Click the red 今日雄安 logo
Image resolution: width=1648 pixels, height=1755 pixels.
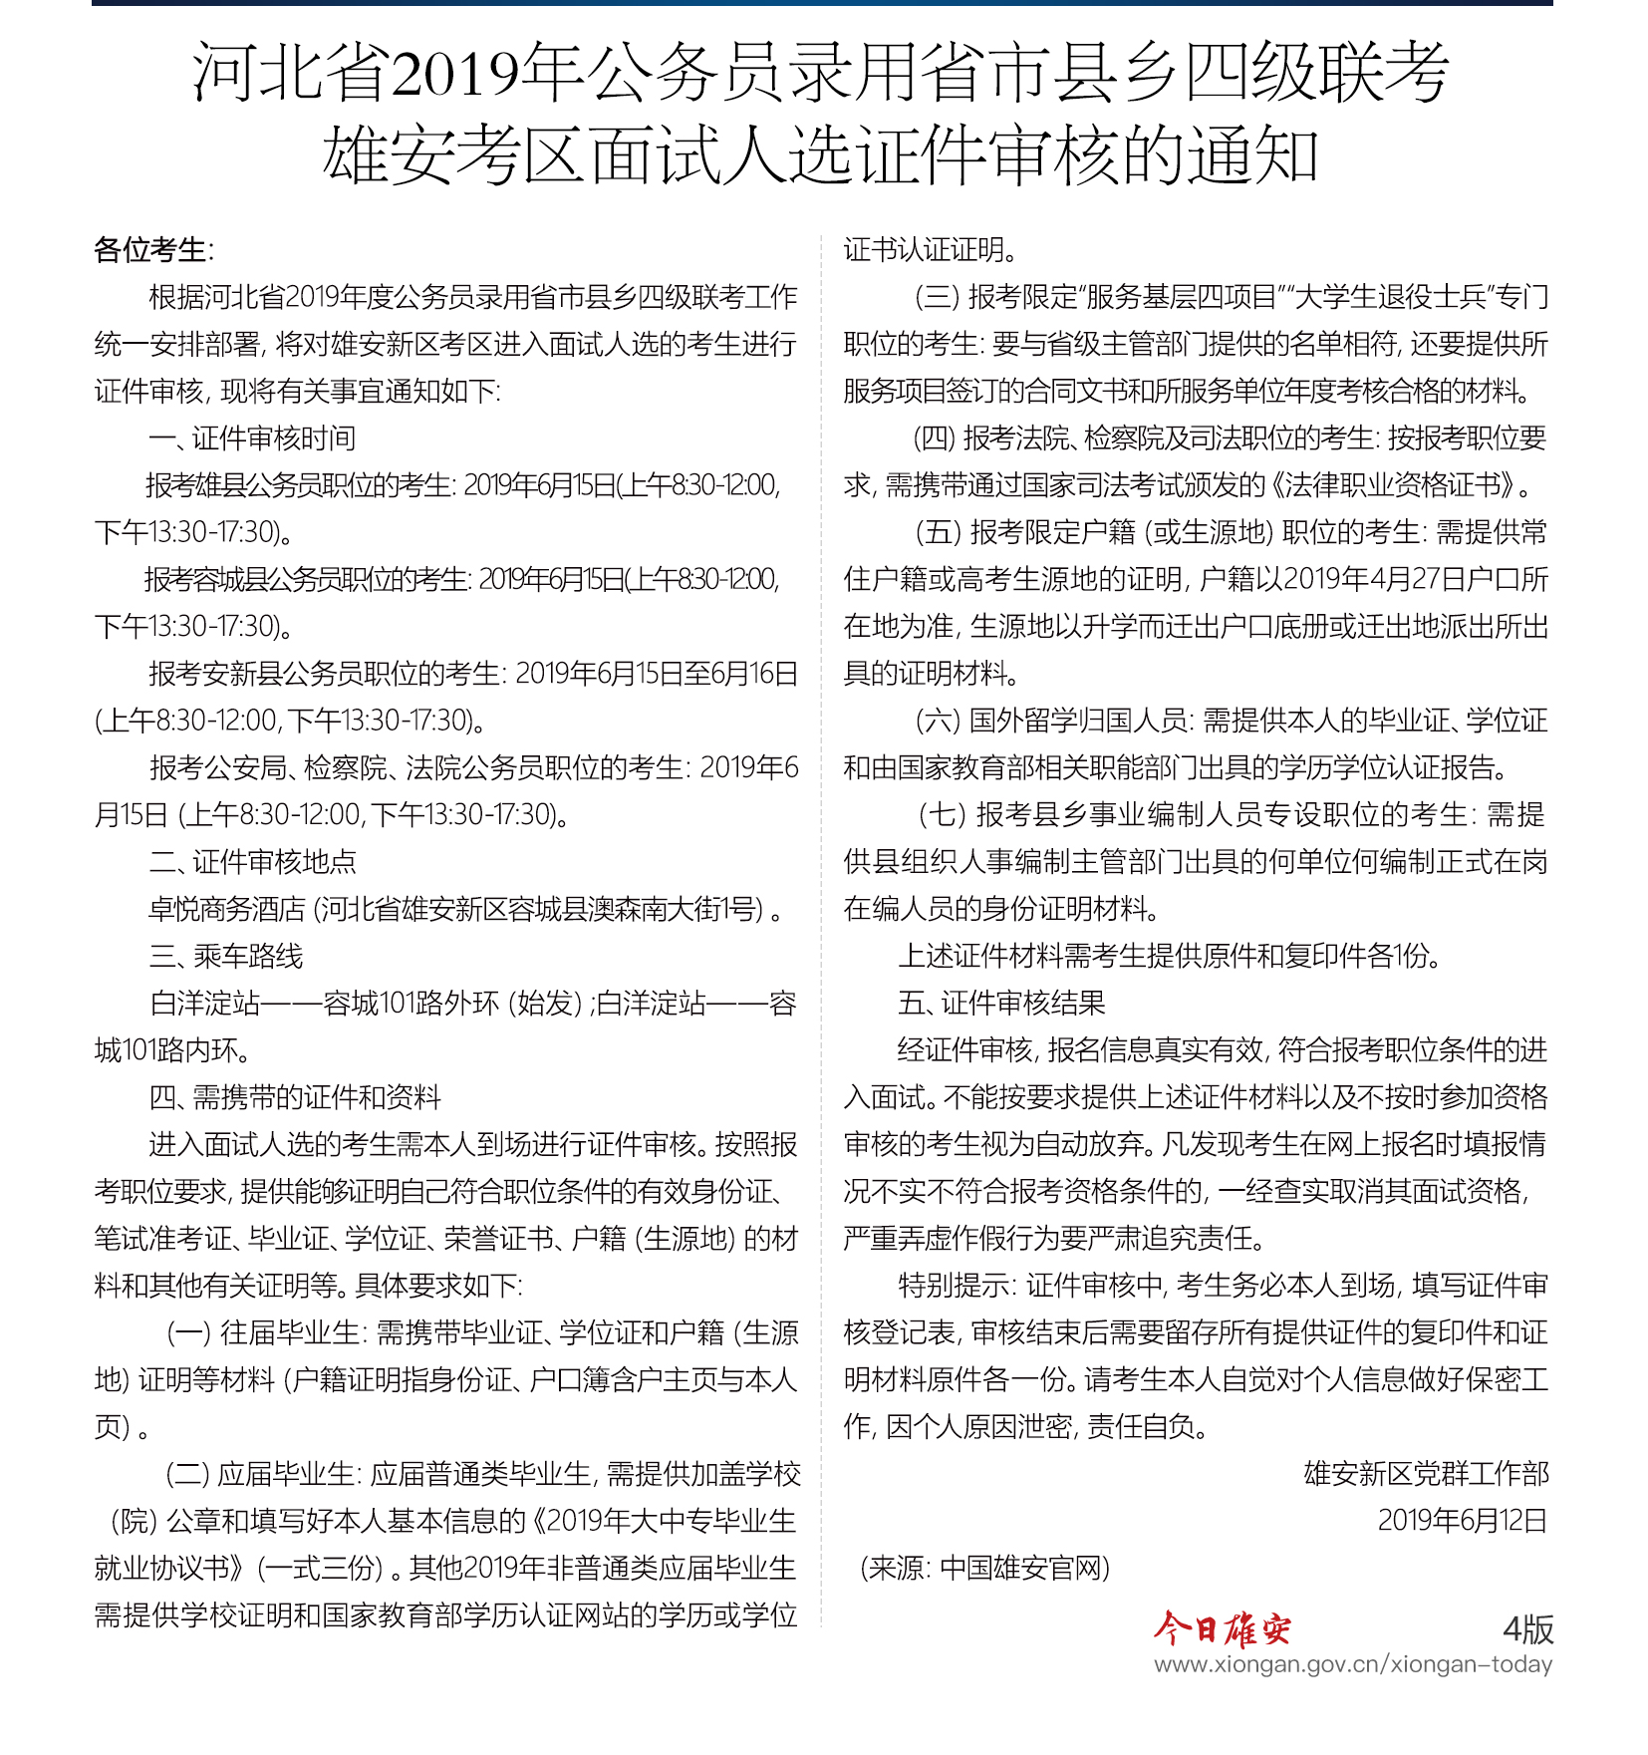point(1223,1629)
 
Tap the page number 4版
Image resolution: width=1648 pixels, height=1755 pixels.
point(1527,1629)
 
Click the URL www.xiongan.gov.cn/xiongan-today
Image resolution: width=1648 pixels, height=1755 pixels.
point(1352,1664)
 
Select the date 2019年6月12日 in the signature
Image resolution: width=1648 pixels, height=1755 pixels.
point(1462,1521)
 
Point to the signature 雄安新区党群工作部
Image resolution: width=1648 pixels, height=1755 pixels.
point(1426,1474)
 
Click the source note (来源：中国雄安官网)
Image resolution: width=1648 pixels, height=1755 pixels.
point(984,1568)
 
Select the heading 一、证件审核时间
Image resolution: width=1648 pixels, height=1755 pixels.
point(252,439)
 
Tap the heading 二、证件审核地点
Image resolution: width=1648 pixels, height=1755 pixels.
point(252,862)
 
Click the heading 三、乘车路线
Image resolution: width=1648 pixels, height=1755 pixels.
point(226,957)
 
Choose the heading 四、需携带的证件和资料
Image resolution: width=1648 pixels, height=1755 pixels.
point(295,1097)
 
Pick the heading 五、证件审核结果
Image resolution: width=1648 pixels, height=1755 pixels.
point(1001,1003)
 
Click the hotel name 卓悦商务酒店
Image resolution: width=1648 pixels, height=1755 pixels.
point(227,909)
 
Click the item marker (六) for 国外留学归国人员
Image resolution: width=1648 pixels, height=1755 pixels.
point(937,721)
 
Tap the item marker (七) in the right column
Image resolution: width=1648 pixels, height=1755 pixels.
point(941,815)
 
